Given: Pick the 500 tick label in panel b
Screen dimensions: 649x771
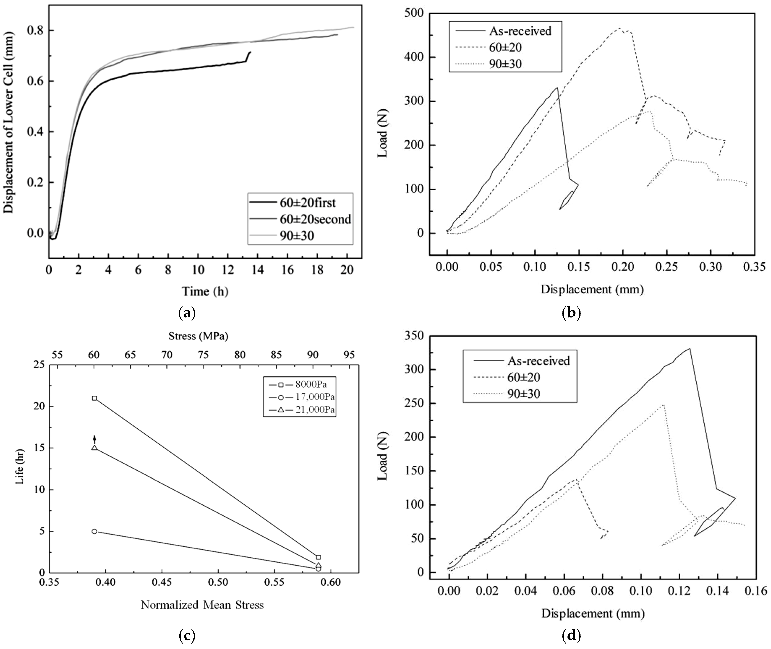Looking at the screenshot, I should [414, 14].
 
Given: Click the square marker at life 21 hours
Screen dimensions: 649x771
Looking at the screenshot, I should [94, 398].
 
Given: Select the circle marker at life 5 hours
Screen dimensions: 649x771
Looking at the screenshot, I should [94, 531].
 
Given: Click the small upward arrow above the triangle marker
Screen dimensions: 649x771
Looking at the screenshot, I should [94, 439].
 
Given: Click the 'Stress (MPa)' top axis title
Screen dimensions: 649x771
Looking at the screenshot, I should [198, 336].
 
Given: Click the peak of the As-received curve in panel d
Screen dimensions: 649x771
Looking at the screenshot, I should [689, 349].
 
